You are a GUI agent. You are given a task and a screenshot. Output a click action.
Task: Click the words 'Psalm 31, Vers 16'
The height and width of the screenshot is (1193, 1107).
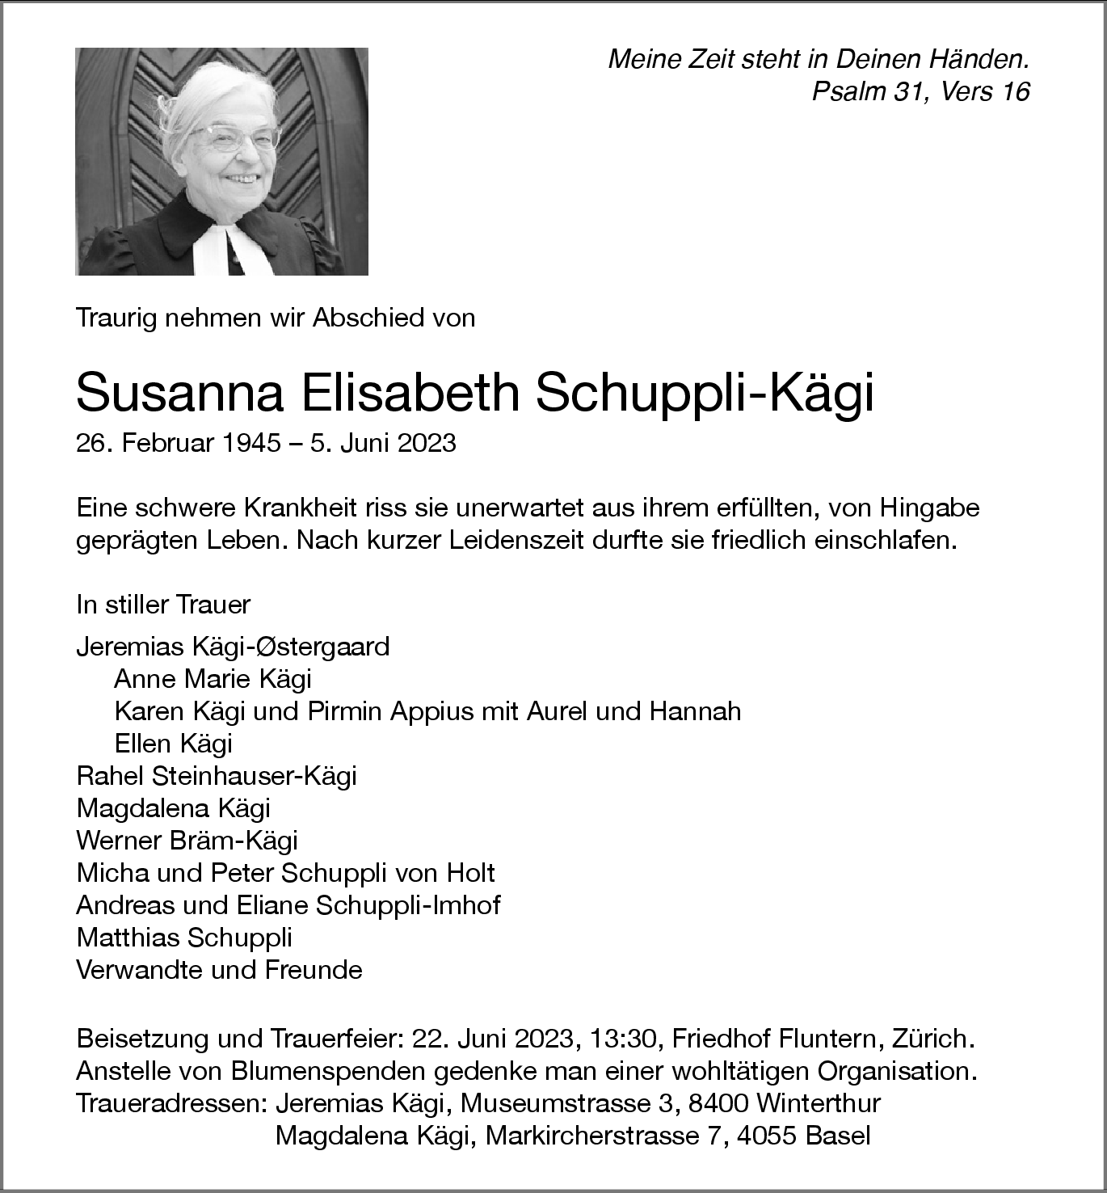920,92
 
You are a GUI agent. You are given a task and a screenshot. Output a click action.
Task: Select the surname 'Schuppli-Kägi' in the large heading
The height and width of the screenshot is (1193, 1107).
704,394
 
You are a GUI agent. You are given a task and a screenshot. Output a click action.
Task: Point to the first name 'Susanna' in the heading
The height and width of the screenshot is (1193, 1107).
179,394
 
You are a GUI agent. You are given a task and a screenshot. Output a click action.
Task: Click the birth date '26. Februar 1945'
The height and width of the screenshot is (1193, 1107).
179,443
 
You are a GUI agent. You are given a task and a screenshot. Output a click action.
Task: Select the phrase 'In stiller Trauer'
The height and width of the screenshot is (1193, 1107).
163,605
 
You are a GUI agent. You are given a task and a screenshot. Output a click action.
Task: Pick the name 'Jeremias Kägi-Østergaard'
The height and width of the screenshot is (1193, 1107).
233,647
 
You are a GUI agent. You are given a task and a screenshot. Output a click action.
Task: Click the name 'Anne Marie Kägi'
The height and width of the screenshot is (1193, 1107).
213,679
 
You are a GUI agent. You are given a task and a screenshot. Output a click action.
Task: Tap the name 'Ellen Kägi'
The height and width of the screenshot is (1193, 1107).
174,744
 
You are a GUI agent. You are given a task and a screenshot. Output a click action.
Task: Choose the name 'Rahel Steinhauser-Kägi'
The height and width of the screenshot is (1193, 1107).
217,776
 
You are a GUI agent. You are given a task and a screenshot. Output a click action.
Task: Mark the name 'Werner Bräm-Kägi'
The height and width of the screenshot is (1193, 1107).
187,841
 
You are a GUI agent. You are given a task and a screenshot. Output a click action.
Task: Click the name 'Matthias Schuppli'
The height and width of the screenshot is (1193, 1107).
184,938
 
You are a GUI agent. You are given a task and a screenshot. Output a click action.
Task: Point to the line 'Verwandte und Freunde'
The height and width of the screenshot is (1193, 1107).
219,970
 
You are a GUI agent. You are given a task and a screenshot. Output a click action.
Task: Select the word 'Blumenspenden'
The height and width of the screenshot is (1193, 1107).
328,1071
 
